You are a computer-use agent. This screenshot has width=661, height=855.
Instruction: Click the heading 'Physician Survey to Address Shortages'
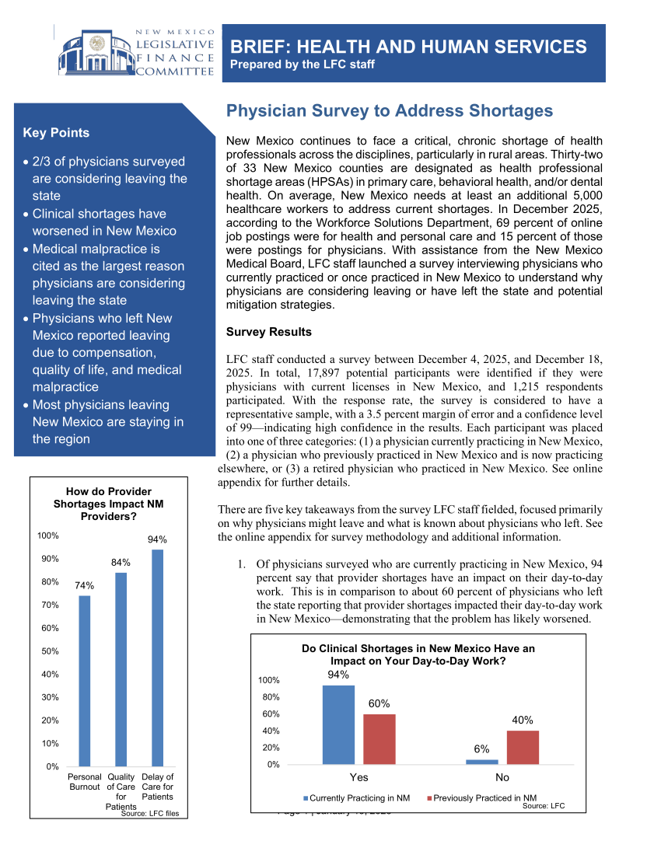click(x=389, y=111)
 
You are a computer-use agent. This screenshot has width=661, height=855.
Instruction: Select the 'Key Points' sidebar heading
click(x=56, y=133)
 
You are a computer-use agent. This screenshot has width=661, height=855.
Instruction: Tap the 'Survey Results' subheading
click(x=268, y=332)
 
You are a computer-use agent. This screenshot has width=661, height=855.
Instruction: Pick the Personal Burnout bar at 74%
click(x=85, y=681)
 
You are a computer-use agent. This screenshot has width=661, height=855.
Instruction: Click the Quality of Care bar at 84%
click(x=121, y=669)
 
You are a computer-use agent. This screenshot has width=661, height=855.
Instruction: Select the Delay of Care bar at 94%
click(x=157, y=658)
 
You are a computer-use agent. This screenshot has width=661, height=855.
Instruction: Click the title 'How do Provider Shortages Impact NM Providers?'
click(x=109, y=504)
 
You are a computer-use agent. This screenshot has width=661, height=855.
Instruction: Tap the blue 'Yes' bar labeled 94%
click(x=338, y=724)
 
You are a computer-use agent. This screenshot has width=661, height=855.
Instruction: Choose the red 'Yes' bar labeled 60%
click(x=379, y=739)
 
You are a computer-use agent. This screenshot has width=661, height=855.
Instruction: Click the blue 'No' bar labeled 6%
click(x=482, y=762)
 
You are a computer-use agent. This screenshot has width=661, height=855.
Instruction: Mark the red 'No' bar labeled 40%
click(x=523, y=747)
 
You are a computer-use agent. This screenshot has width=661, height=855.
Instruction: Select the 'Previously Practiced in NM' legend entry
click(x=484, y=798)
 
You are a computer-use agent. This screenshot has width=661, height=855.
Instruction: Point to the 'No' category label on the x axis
click(x=502, y=777)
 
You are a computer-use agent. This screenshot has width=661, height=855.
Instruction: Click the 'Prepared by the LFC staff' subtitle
click(x=303, y=65)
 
